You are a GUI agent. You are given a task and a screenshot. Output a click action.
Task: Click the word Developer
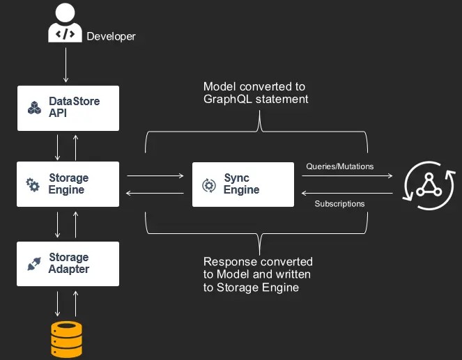111,36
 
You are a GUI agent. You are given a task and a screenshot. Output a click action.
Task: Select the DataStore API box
68,107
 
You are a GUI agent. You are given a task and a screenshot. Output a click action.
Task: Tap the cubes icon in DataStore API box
34,107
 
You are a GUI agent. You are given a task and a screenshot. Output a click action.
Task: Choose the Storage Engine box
68,184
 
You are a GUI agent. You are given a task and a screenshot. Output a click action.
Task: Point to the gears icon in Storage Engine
33,185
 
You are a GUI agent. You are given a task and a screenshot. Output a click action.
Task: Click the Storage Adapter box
68,263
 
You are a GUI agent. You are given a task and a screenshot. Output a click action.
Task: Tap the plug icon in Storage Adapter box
33,264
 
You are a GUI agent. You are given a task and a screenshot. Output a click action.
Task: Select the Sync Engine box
242,184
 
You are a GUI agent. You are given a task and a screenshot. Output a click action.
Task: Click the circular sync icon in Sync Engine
208,185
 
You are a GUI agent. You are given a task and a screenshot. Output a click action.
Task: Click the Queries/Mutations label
339,166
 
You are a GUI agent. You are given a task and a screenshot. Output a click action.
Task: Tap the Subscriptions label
339,204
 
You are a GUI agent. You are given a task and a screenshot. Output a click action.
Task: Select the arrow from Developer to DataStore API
66,66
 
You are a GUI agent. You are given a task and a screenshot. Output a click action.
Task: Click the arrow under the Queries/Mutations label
346,176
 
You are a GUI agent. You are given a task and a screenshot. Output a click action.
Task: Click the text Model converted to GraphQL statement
254,93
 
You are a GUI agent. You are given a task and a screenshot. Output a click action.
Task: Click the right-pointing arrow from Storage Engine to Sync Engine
151,176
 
